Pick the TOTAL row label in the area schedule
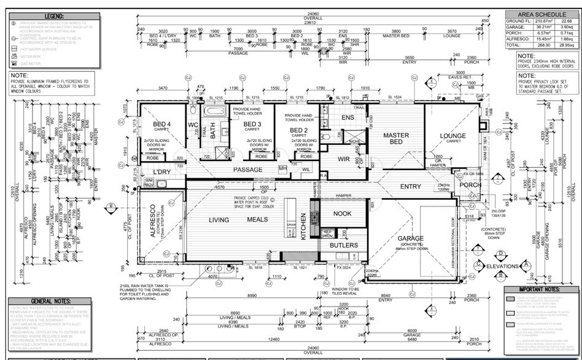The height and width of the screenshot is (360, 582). (x=514, y=45)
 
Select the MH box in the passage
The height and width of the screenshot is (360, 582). (x=282, y=168)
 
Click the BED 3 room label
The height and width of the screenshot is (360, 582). (x=252, y=124)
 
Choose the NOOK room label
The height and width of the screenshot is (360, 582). (x=343, y=214)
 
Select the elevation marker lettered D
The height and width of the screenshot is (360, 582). (x=501, y=253)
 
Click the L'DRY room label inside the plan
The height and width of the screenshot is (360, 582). (x=161, y=171)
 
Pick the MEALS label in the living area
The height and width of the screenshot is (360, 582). (x=257, y=219)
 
